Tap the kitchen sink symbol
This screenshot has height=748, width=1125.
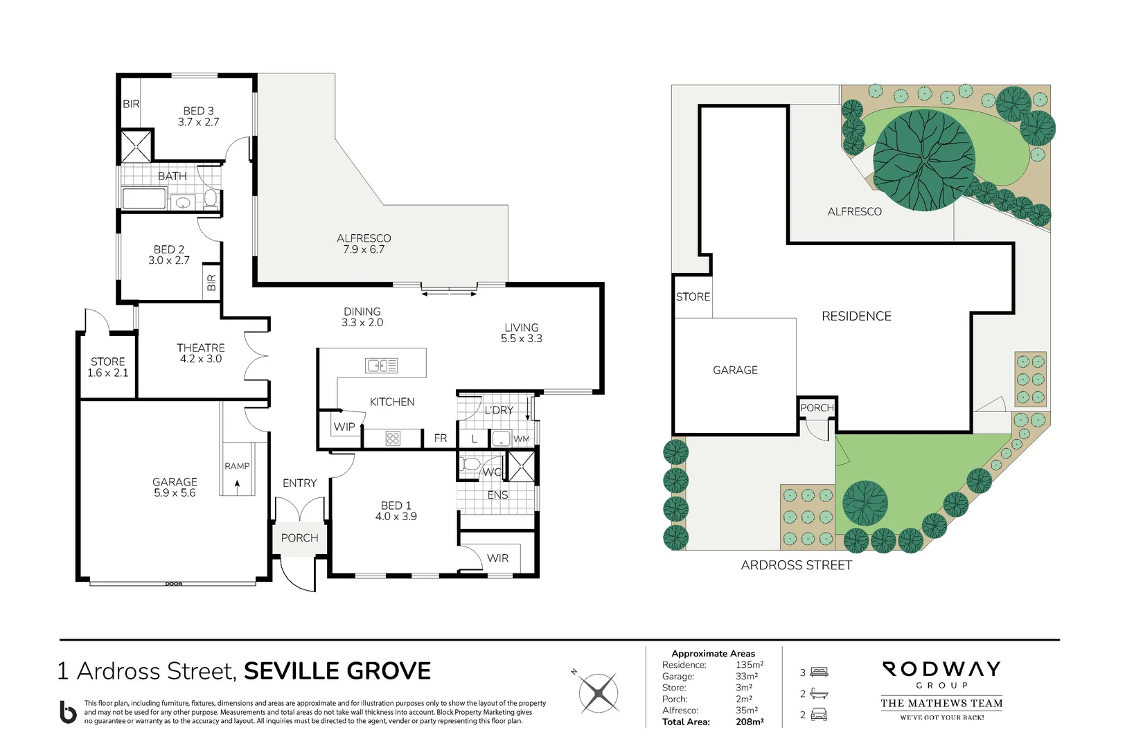(x=381, y=365)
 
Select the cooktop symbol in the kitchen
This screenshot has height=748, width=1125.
(x=393, y=438)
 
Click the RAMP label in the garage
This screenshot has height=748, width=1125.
(x=237, y=466)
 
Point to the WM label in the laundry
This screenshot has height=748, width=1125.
(x=521, y=438)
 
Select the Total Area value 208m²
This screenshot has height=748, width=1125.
(x=750, y=722)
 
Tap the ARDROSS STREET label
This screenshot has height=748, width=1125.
(x=796, y=565)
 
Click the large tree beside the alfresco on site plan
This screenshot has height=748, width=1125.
(x=923, y=160)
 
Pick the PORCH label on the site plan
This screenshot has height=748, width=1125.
(x=817, y=408)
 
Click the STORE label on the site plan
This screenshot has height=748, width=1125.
(x=693, y=296)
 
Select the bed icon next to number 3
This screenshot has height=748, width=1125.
(x=819, y=672)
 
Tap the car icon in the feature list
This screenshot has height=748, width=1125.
(x=819, y=715)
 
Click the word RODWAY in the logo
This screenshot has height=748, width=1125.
(x=941, y=669)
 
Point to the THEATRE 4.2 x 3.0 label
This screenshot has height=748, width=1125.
(x=200, y=353)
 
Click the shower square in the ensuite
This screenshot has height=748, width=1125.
(x=522, y=465)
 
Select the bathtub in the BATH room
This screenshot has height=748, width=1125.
(x=144, y=199)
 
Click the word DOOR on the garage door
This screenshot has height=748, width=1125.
(x=174, y=584)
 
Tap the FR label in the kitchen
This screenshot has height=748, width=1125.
(x=441, y=438)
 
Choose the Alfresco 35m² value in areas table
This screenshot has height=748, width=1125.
(x=746, y=710)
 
